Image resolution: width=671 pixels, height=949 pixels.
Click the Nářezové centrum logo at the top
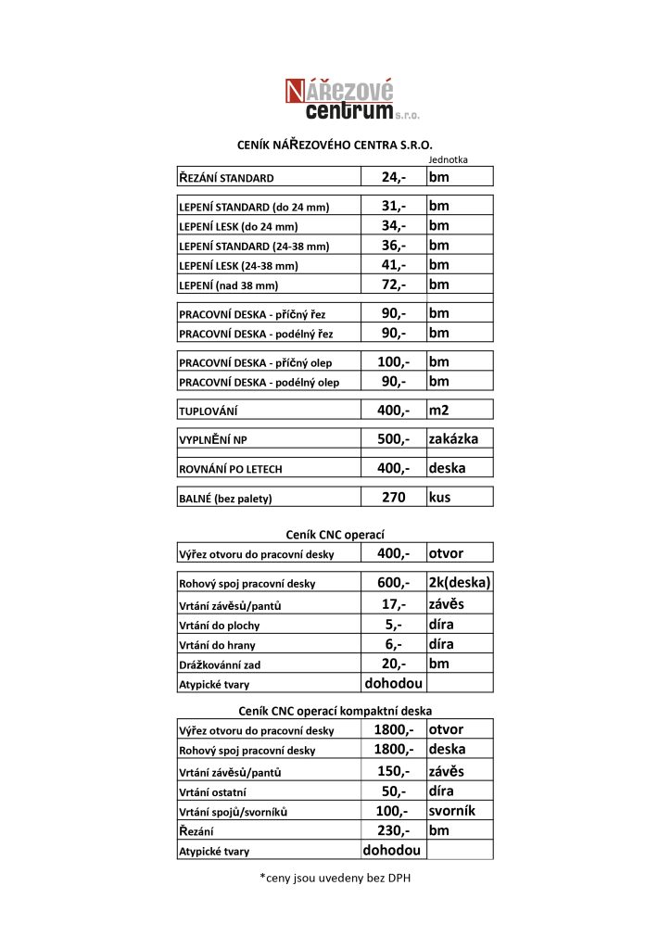point(350,100)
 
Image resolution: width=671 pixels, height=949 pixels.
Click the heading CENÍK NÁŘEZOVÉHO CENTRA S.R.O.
point(335,145)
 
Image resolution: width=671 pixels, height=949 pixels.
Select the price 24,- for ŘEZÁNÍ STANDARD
point(394,176)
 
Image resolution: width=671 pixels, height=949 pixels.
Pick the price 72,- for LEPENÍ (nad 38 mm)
point(394,285)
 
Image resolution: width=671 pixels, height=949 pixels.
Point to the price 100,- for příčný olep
point(394,361)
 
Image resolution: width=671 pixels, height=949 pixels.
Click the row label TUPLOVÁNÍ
point(213,411)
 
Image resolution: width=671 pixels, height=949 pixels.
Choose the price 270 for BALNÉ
point(394,498)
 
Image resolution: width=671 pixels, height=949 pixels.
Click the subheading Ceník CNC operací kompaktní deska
point(335,710)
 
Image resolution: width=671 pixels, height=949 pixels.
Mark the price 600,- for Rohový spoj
point(394,583)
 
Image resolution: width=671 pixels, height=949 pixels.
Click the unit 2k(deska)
point(459,583)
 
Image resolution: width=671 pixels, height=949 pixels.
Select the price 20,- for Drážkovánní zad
point(394,664)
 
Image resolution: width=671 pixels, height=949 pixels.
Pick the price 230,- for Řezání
point(394,830)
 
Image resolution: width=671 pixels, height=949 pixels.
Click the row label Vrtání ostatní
point(219,792)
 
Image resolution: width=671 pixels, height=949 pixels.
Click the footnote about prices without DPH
point(335,877)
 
